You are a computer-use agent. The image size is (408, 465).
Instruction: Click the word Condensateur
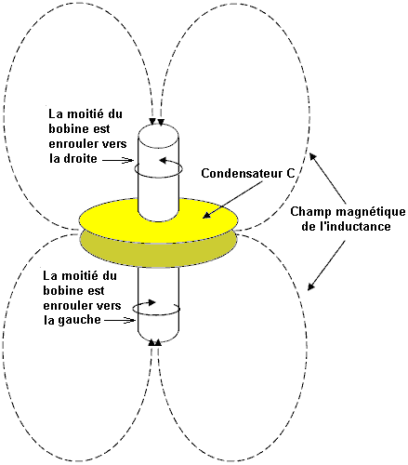click(242, 173)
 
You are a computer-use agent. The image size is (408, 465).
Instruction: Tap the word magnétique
click(371, 212)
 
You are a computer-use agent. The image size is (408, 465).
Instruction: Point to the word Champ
click(311, 212)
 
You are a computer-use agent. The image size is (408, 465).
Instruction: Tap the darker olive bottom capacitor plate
click(158, 254)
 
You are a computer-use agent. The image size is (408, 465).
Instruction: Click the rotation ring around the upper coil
click(158, 177)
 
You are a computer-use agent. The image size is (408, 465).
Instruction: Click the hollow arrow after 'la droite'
click(118, 160)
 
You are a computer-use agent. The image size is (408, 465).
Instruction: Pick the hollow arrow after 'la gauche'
click(120, 321)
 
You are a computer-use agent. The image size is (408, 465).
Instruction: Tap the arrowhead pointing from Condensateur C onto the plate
click(207, 215)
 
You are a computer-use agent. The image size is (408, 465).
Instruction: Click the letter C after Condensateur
click(291, 173)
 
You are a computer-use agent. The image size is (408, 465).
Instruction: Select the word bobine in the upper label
click(70, 129)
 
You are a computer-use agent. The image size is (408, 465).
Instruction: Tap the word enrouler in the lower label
click(65, 306)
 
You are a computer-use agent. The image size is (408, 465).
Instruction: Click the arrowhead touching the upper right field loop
click(313, 156)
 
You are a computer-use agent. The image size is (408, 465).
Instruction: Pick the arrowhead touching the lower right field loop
click(311, 286)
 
